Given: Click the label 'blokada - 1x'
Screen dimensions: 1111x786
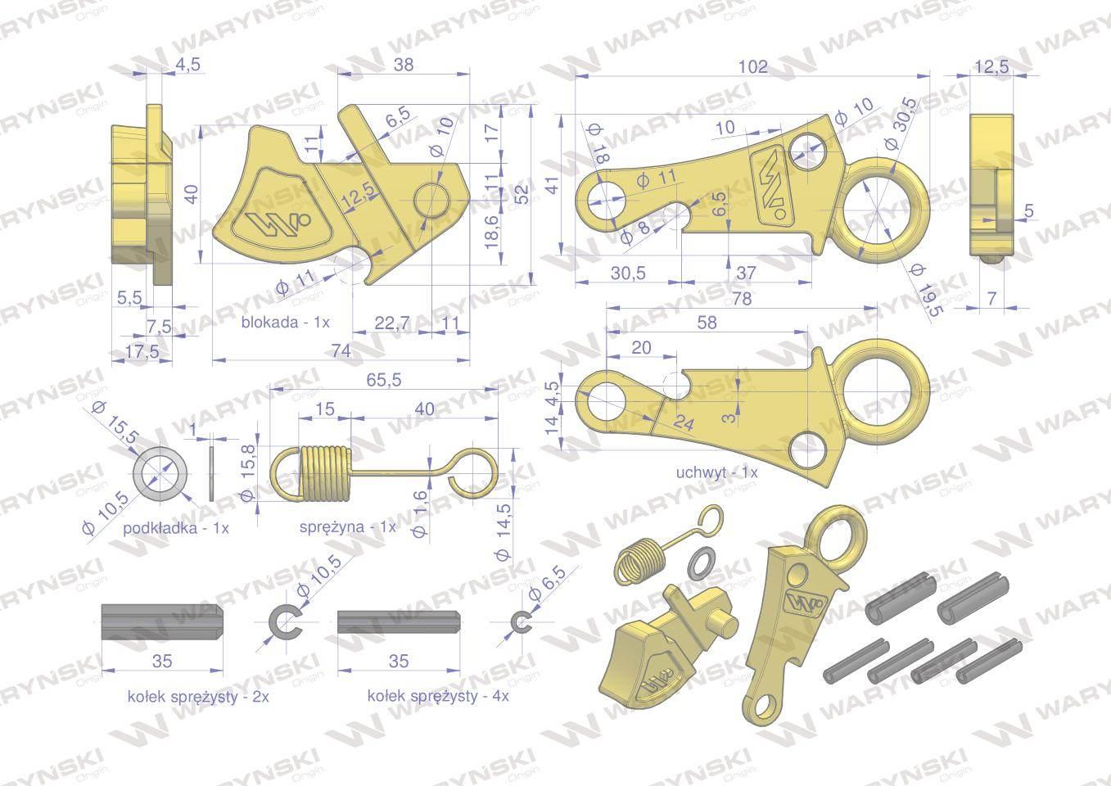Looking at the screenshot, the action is point(285,323).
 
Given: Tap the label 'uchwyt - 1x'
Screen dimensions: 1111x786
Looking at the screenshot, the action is point(716,473).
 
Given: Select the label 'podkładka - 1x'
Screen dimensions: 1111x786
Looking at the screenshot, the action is point(175,528).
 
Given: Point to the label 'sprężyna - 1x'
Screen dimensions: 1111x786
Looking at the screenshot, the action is point(348,526).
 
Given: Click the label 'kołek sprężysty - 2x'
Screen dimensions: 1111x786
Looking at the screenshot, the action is point(198,697).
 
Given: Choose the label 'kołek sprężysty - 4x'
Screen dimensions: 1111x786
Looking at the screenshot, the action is point(438,696).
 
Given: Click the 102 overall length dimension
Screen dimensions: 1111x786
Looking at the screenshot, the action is point(753,66).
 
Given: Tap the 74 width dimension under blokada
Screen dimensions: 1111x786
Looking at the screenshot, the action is point(341,351).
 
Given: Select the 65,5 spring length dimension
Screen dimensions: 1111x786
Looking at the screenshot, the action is point(383,381).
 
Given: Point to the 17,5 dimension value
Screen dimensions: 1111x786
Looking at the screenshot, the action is point(142,351).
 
